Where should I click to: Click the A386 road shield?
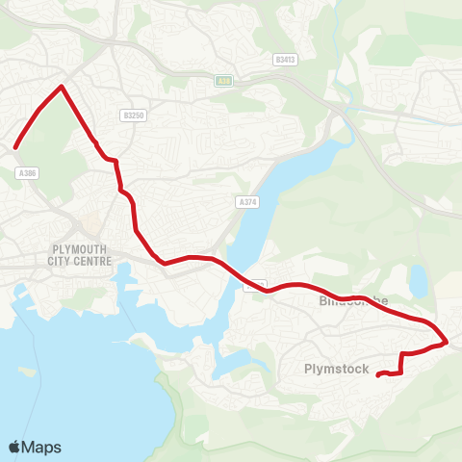click(27, 172)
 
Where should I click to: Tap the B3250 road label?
click(133, 115)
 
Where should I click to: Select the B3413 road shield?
click(284, 60)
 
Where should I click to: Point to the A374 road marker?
click(246, 202)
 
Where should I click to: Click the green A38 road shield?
click(223, 81)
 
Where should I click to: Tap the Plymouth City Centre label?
click(81, 254)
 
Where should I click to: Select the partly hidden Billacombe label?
click(352, 301)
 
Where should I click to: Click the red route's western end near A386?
click(15, 147)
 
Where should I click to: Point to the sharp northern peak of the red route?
click(62, 87)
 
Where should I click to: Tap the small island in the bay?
click(28, 371)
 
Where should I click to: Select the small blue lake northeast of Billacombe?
click(418, 281)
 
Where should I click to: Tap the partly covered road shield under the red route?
click(255, 285)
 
